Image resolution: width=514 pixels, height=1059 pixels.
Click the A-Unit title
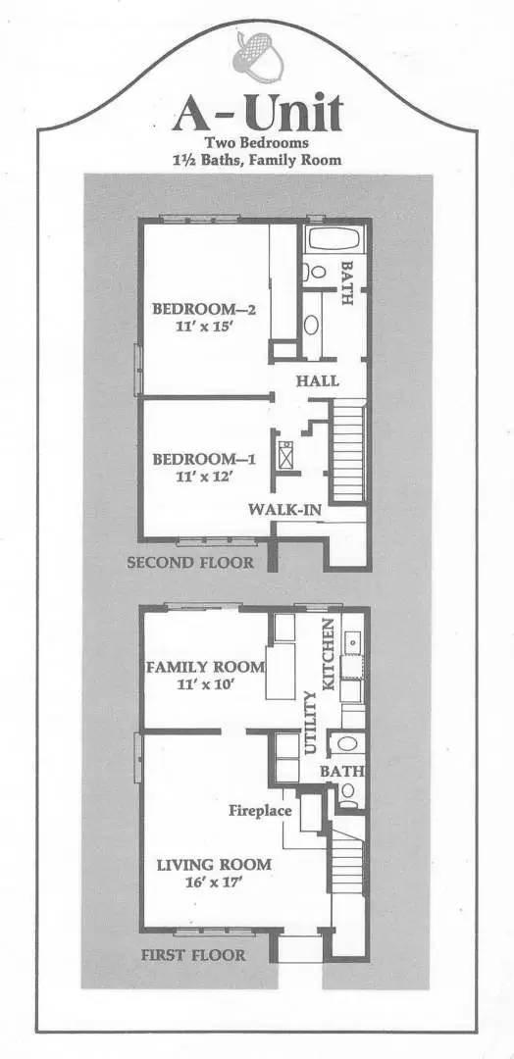click(257, 116)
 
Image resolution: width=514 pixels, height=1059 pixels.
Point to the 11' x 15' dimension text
click(204, 329)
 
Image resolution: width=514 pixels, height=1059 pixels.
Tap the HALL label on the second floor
click(317, 380)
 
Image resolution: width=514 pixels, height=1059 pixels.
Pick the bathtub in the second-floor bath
click(334, 239)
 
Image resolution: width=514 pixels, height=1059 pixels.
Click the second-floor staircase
click(348, 456)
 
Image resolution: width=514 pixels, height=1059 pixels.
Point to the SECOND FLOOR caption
click(190, 563)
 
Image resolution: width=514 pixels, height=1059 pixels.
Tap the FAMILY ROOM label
click(205, 667)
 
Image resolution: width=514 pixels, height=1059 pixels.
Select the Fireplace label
click(261, 811)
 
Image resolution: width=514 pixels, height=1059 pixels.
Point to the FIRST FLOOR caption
click(192, 954)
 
